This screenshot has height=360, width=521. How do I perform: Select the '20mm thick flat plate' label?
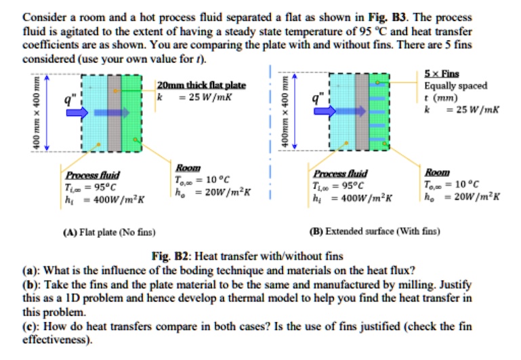pyautogui.click(x=201, y=85)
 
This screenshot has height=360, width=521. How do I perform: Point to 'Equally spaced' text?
pyautogui.click(x=455, y=85)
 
